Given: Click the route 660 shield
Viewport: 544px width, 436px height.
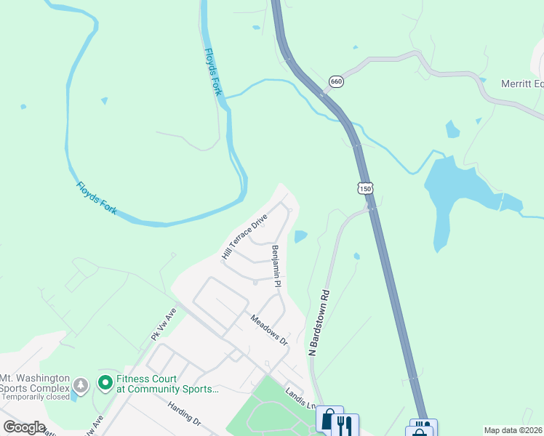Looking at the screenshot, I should [x=335, y=82].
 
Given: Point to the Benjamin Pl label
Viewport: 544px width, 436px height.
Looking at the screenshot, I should [x=276, y=267].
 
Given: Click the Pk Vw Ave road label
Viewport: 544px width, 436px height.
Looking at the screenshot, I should [x=164, y=323].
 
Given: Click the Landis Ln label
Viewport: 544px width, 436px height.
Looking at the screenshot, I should [x=300, y=397].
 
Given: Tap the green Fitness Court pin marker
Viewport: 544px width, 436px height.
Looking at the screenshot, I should [x=105, y=381].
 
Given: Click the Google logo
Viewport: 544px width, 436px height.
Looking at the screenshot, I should [x=24, y=427].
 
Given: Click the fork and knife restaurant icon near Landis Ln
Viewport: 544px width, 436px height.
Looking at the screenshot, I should [x=345, y=424].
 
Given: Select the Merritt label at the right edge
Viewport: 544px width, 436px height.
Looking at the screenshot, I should [x=522, y=84].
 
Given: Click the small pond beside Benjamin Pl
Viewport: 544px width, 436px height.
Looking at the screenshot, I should [x=300, y=236].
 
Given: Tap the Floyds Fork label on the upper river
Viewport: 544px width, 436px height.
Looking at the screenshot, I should [x=212, y=73].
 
